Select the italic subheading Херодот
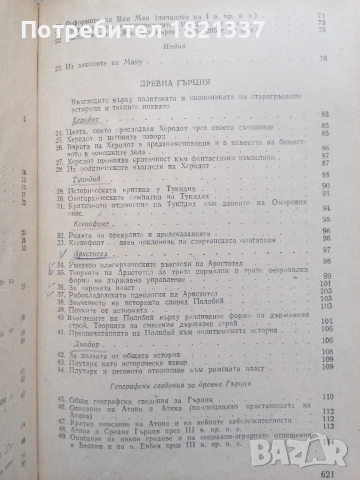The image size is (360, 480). [72, 144]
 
